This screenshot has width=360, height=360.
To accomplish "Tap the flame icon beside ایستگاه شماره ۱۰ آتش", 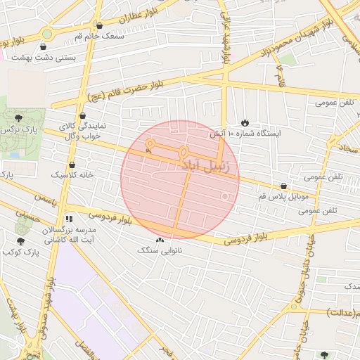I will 245,122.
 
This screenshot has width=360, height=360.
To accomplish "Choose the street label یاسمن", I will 44,200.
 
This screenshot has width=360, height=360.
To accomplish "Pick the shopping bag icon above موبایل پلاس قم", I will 283,186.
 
